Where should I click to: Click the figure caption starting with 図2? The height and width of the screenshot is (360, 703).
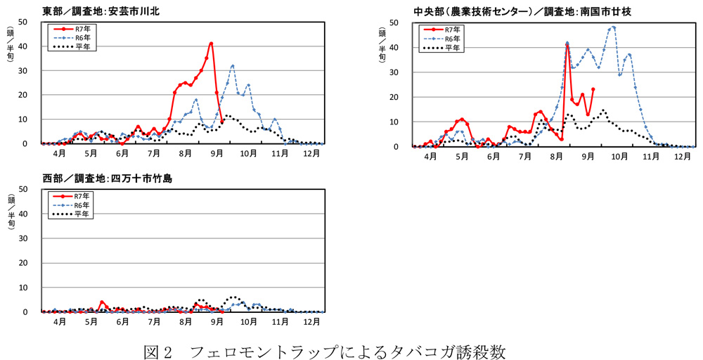point(325,349)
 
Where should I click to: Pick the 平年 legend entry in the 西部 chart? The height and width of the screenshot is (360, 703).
point(72,212)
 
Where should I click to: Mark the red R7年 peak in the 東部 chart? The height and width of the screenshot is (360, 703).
point(211,44)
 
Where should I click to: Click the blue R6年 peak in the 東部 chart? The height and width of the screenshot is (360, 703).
point(232,65)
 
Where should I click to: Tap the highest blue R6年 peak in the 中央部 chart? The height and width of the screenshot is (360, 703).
point(614,27)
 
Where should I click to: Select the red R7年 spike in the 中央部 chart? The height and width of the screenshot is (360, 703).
point(567,46)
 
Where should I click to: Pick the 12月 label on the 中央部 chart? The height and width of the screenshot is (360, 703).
point(681,157)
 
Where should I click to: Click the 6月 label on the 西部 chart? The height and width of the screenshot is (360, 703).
point(122,322)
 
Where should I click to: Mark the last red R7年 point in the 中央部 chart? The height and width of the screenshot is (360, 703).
point(593,89)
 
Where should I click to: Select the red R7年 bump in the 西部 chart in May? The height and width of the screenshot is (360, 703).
point(102,302)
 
